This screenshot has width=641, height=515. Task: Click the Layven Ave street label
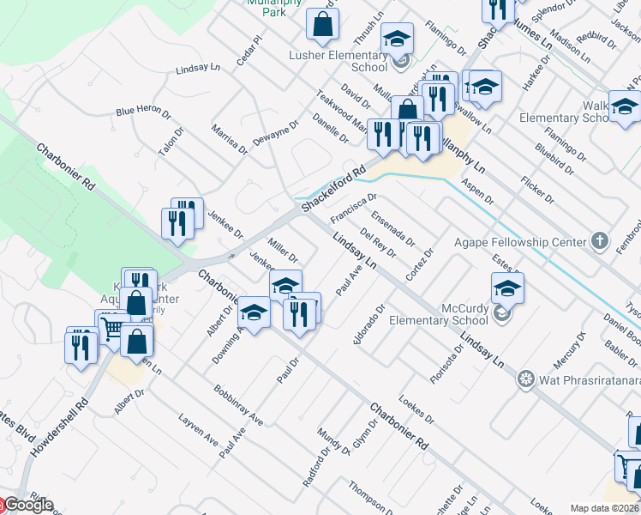[198, 428]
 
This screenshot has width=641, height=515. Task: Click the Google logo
[27, 505]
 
